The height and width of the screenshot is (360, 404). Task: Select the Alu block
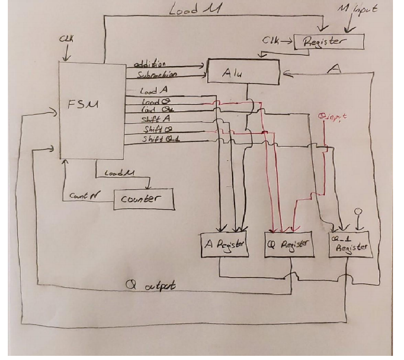point(243,71)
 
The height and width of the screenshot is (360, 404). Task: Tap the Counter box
point(143,199)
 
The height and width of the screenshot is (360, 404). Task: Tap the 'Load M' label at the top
point(190,10)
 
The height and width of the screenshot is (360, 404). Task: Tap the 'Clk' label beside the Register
point(270,40)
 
